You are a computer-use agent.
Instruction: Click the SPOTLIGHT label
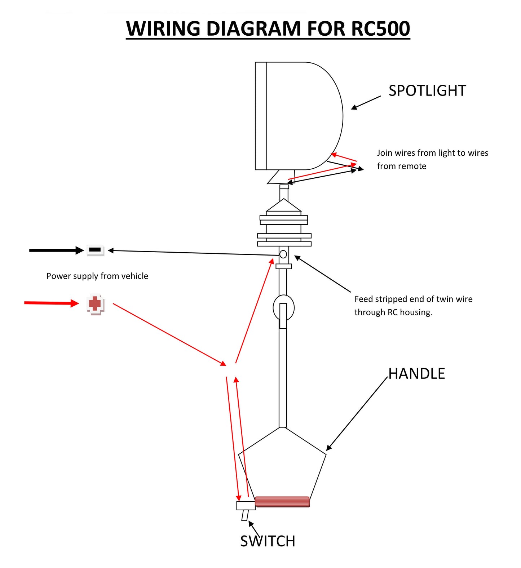point(427,91)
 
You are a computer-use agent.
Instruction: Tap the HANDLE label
point(416,374)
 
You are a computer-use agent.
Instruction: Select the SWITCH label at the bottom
point(268,541)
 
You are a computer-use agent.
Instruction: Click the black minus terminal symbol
point(95,250)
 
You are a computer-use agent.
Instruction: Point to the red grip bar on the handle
point(282,501)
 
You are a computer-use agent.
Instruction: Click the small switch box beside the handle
point(246,505)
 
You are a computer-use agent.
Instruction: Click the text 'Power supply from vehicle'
point(97,276)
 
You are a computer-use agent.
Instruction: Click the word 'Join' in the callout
point(385,153)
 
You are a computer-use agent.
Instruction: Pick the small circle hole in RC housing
point(283,254)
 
